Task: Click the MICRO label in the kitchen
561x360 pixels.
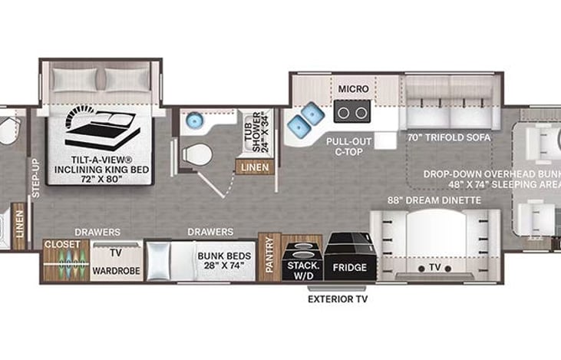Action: [354, 90]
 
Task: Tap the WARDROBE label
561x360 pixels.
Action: [115, 271]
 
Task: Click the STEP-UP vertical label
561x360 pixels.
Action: [34, 179]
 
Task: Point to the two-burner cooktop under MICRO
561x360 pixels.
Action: [353, 113]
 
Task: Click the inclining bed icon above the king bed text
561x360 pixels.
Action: [101, 130]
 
